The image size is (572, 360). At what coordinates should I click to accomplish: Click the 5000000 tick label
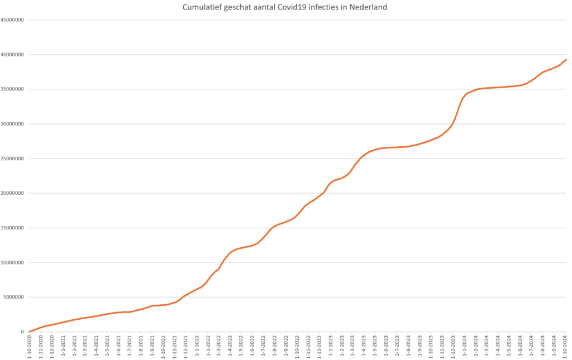point(15,297)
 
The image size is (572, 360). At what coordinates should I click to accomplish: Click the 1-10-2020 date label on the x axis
point(29,346)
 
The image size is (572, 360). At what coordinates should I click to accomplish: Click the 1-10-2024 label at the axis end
point(565,346)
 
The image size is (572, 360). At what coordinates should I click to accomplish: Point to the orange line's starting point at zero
point(30,332)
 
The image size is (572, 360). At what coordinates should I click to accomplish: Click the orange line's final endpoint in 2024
point(566,60)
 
